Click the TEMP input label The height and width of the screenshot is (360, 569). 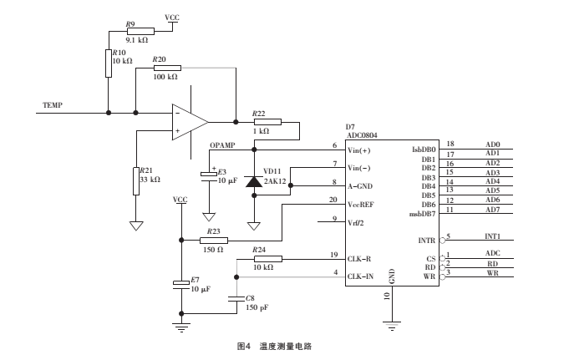tap(52, 106)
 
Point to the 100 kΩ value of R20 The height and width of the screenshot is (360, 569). tap(165, 77)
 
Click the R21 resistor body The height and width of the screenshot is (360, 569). tap(135, 180)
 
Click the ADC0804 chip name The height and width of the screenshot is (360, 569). tap(362, 134)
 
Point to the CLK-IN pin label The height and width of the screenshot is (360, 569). tap(361, 275)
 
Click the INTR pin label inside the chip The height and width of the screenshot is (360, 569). tap(426, 241)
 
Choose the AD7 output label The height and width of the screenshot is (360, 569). tap(492, 210)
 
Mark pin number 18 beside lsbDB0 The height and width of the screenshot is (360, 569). tap(450, 145)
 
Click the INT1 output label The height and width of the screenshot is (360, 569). tap(493, 236)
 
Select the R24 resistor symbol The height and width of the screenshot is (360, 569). tap(267, 259)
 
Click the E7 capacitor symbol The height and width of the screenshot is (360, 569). tap(180, 284)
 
